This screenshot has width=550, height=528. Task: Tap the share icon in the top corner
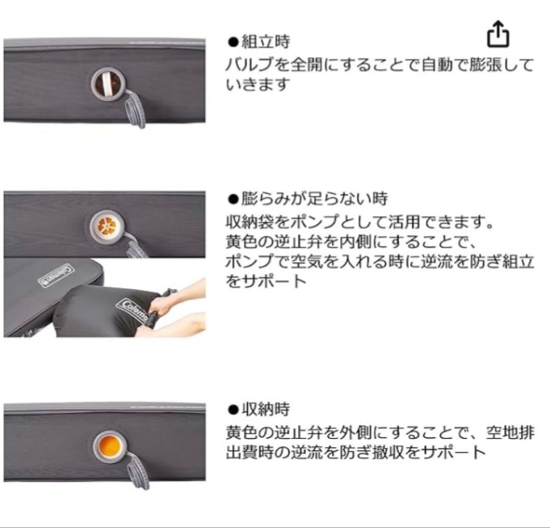[498, 35]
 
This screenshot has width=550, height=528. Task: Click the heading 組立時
[265, 42]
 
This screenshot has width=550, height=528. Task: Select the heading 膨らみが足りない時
[314, 199]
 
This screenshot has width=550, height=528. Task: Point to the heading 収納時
[265, 409]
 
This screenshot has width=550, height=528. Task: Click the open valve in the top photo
[108, 84]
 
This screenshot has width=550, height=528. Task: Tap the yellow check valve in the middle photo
[107, 226]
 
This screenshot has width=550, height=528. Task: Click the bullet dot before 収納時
[233, 409]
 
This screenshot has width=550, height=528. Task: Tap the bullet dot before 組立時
[233, 42]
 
